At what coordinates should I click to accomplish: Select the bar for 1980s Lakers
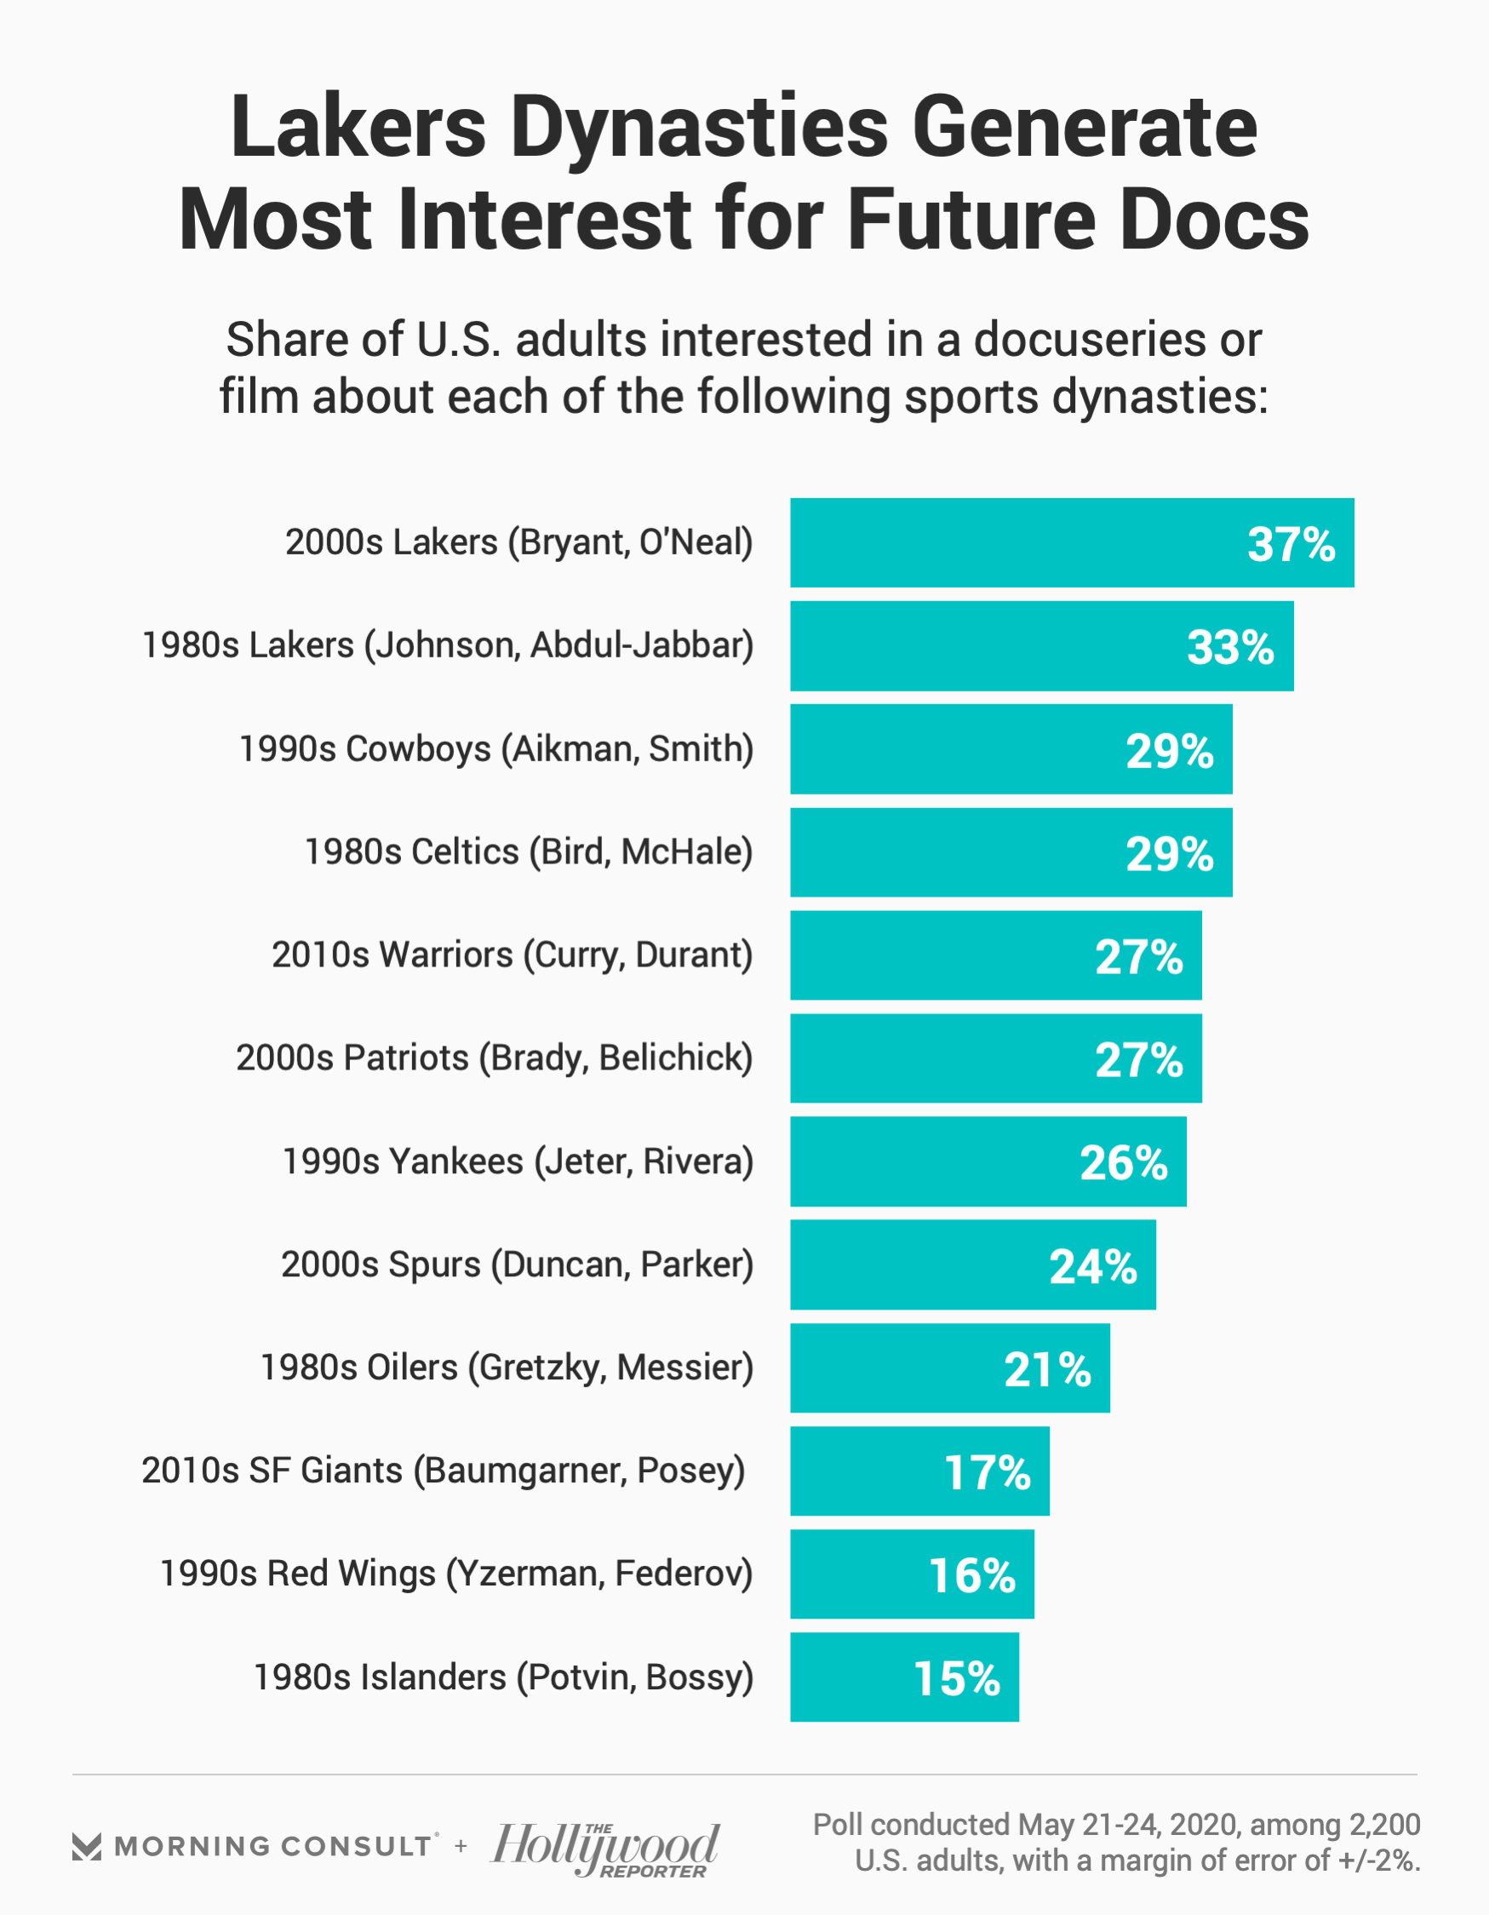[x=1041, y=646]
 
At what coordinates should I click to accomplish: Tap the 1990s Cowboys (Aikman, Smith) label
[x=496, y=749]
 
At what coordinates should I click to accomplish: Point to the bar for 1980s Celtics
[x=1011, y=852]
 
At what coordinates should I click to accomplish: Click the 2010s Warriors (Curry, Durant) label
[x=513, y=955]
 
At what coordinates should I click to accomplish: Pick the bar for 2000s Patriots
[x=995, y=1058]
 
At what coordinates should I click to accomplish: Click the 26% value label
[x=1123, y=1162]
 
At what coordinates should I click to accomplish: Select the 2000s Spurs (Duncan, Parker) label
[x=517, y=1264]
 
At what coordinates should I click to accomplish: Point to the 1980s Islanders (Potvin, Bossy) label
[x=503, y=1677]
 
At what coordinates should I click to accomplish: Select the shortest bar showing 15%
[x=903, y=1678]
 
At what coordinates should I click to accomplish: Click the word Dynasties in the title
[x=699, y=128]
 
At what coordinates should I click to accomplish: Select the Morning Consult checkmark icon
[x=87, y=1847]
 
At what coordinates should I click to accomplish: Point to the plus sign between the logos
[x=461, y=1847]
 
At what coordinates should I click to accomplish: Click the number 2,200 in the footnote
[x=1383, y=1825]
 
